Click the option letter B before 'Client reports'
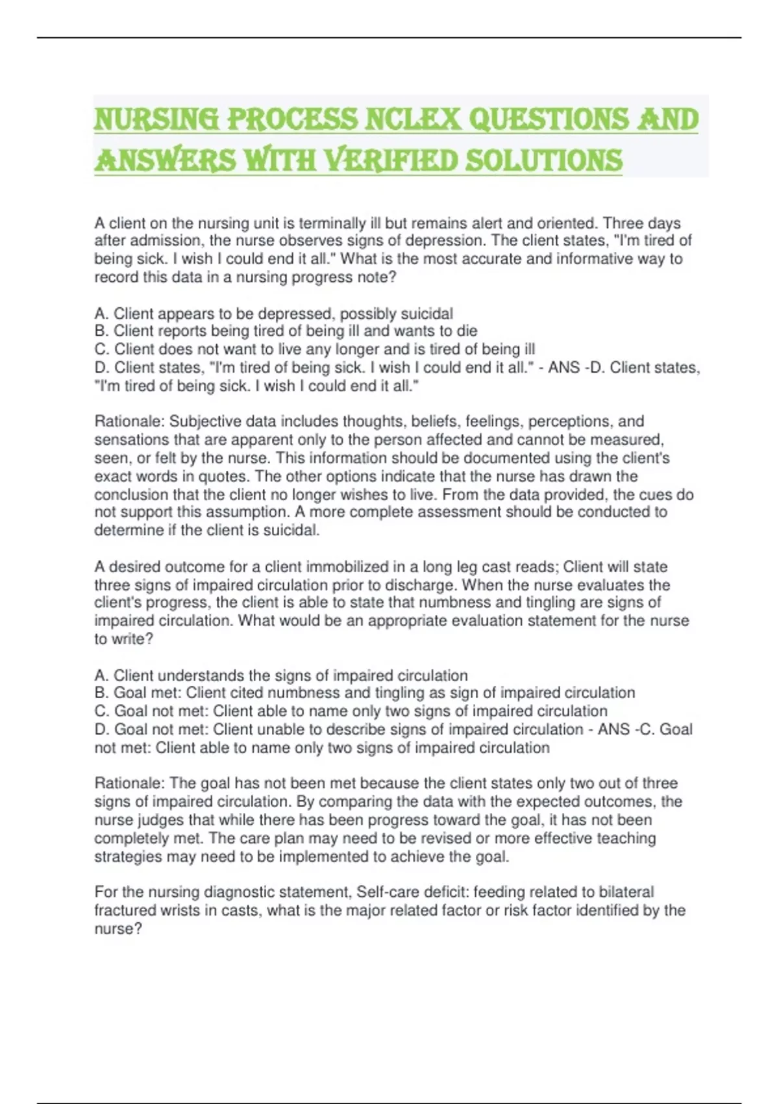[x=100, y=331]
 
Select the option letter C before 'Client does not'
[x=101, y=349]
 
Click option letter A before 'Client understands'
[x=100, y=675]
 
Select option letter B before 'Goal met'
[x=100, y=693]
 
